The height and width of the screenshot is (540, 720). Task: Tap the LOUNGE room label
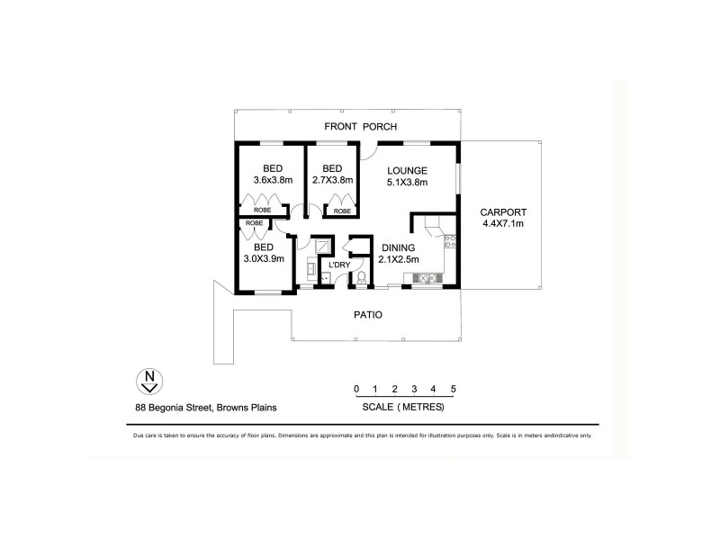[x=407, y=170]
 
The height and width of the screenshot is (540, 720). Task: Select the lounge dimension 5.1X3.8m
[x=407, y=182]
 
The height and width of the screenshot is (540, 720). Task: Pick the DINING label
[x=400, y=247]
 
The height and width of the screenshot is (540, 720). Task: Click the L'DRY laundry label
[x=338, y=265]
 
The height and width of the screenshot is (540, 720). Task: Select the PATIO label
[x=369, y=315]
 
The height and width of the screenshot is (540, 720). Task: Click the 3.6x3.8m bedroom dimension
[x=274, y=180]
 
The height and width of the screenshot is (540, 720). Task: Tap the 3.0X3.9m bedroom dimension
[x=264, y=258]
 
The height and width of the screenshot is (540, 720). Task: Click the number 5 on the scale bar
[x=454, y=389]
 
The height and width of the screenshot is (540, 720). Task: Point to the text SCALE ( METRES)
[x=402, y=407]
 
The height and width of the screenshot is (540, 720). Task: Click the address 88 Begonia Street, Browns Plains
[x=200, y=407]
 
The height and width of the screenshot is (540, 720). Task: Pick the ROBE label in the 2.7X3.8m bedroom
[x=342, y=211]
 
